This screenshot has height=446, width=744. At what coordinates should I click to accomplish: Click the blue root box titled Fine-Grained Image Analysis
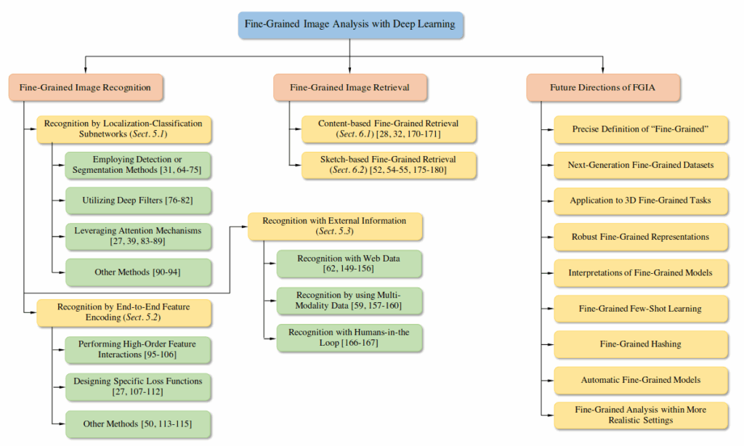tap(350, 24)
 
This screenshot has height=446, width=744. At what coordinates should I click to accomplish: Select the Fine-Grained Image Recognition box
tap(86, 87)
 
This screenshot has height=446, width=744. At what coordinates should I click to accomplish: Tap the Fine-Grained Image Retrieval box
tap(349, 87)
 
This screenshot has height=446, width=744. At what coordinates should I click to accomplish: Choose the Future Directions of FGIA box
tap(603, 87)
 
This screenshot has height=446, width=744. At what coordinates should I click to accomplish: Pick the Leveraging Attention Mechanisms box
tap(138, 235)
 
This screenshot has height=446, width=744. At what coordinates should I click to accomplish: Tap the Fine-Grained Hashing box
tap(640, 344)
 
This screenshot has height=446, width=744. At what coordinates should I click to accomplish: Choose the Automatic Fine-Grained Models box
tap(640, 380)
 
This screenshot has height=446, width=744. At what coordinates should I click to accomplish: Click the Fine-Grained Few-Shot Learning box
tap(640, 309)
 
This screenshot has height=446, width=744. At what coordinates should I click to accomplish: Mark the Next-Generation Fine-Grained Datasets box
tap(640, 165)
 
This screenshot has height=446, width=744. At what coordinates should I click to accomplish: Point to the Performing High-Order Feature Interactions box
tap(138, 348)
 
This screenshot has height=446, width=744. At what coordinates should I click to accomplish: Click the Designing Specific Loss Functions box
tap(138, 386)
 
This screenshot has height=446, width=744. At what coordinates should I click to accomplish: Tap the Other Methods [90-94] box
tap(138, 272)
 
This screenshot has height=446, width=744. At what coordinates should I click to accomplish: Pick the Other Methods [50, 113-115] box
tap(138, 423)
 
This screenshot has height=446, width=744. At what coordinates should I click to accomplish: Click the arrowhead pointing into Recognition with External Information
tap(244, 226)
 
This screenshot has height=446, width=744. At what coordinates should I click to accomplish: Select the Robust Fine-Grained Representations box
tap(640, 237)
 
